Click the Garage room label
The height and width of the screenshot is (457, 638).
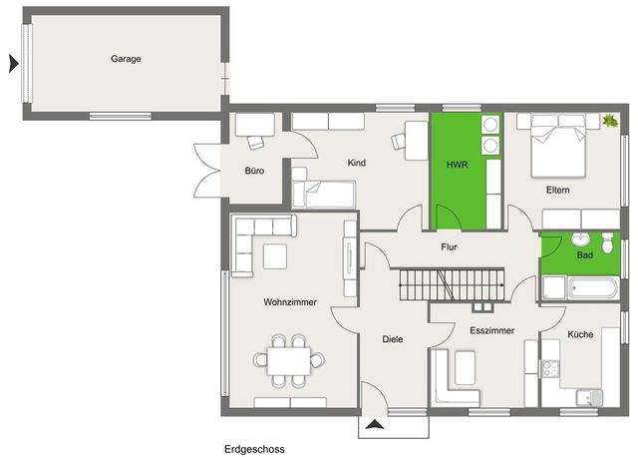click(126, 59)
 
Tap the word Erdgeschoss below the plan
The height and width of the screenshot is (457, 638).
click(254, 449)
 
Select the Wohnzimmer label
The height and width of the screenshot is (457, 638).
click(290, 302)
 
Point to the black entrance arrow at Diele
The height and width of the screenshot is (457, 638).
click(375, 425)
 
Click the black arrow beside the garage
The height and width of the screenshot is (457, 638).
click(13, 64)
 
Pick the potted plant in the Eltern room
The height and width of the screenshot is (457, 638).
click(610, 121)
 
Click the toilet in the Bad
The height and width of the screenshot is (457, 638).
click(607, 243)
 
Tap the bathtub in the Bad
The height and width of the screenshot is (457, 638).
click(594, 288)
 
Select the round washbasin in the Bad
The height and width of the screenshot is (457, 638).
click(580, 239)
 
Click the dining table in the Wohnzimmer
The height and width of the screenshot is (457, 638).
click(288, 361)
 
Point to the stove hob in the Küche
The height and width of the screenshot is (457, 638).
click(549, 368)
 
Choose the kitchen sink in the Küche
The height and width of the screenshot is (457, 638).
click(589, 397)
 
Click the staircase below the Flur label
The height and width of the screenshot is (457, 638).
click(452, 284)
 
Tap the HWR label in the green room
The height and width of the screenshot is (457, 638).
click(457, 165)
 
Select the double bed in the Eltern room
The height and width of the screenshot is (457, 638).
click(558, 150)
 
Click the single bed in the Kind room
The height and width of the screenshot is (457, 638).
click(323, 195)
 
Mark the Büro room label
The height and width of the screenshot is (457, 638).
click(254, 171)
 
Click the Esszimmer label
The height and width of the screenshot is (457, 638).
click(491, 330)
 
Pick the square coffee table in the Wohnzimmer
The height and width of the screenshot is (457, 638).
click(275, 256)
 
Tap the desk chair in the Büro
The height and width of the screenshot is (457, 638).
click(256, 143)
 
